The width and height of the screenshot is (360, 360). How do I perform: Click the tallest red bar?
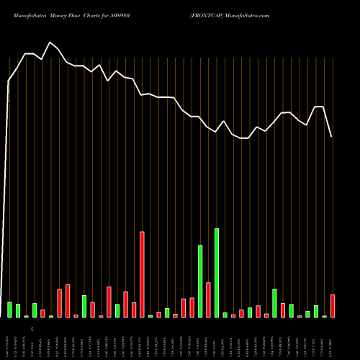142,274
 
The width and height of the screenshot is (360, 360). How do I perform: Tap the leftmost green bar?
10,310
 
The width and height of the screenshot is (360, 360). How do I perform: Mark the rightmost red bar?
333,306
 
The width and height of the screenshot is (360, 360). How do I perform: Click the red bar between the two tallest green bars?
208,300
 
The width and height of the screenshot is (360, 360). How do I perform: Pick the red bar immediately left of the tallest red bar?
134,310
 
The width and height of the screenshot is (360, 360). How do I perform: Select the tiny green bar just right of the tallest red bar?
150,315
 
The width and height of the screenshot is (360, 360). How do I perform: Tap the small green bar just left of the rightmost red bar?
325,316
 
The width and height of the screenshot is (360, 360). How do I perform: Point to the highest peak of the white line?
50,42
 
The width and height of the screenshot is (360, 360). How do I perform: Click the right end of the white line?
332,136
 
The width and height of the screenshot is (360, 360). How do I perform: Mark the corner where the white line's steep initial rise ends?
9,81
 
